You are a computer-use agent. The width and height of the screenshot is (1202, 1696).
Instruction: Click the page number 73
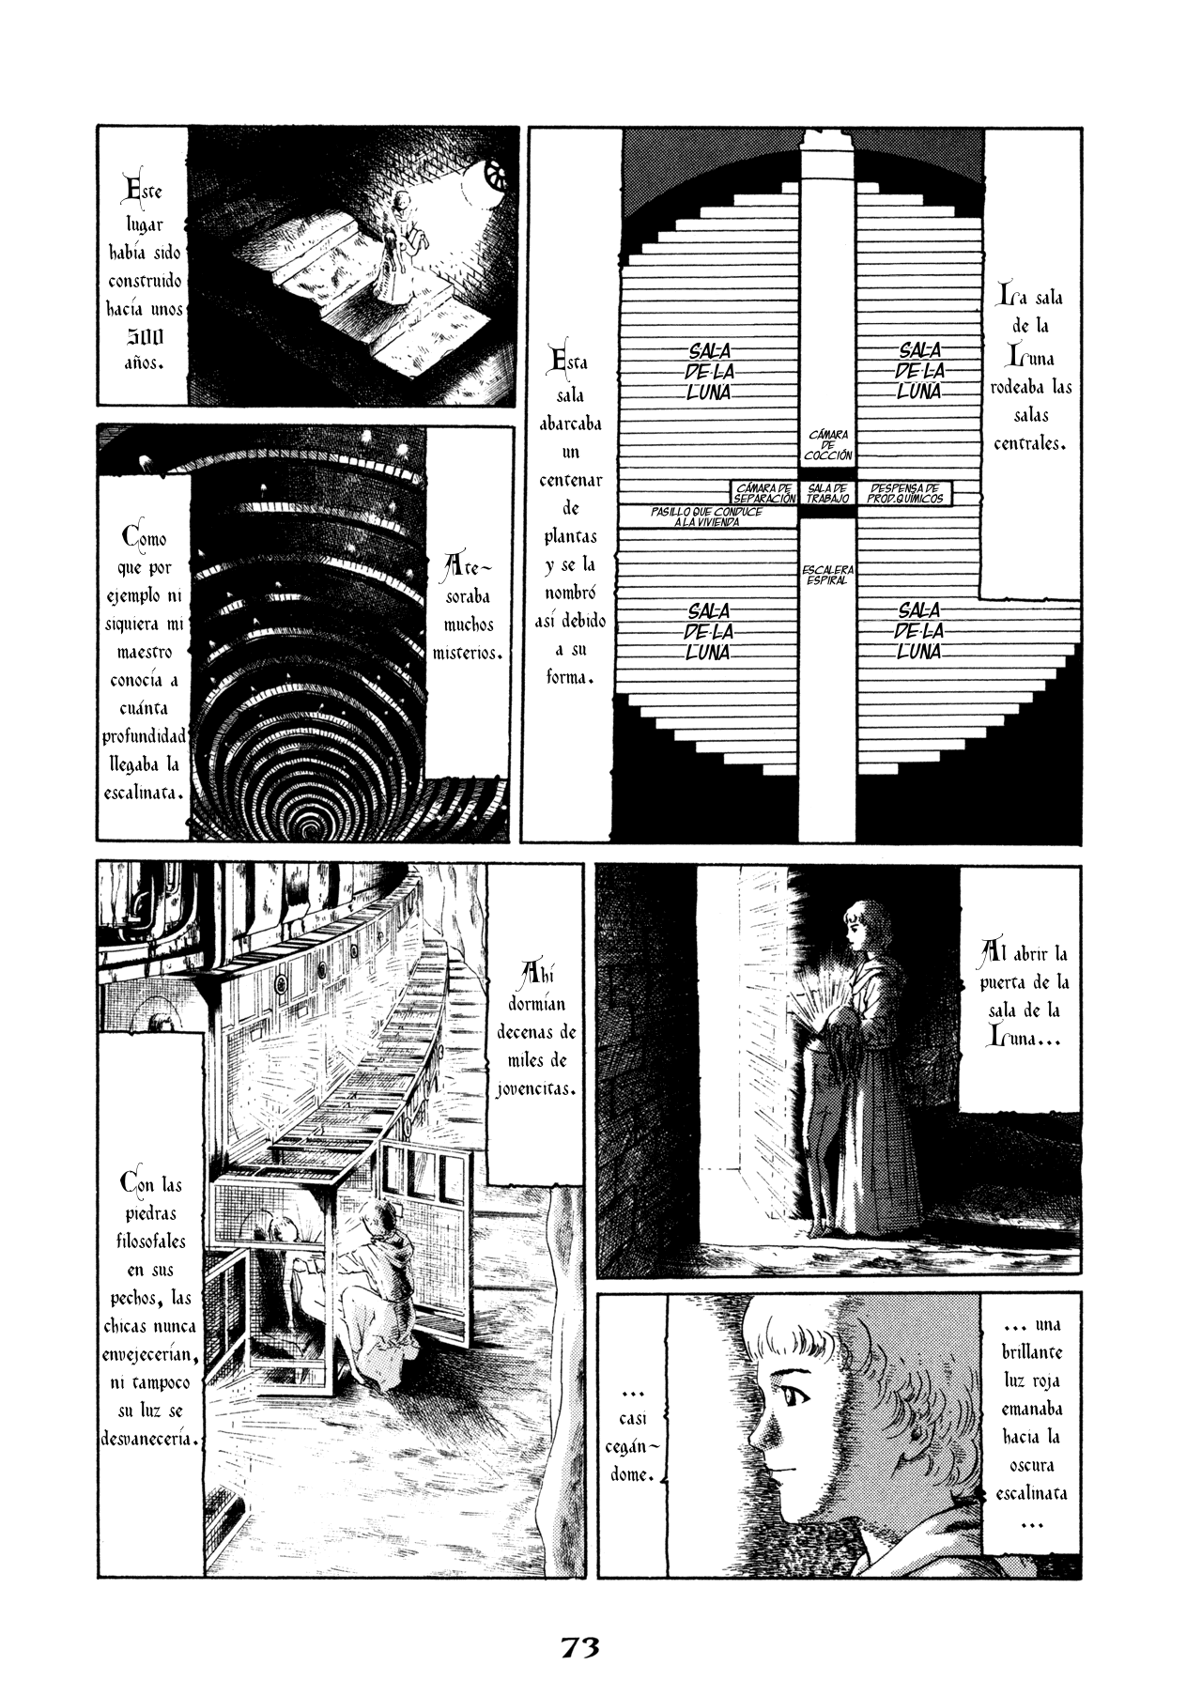(x=581, y=1594)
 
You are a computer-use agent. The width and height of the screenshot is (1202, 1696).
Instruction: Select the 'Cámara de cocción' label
(x=827, y=445)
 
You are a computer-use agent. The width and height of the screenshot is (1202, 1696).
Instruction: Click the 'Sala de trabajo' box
(x=827, y=493)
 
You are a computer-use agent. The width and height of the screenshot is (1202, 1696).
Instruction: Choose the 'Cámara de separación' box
(x=766, y=493)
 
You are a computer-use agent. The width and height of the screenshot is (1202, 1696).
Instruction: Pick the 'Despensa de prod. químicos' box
(x=904, y=493)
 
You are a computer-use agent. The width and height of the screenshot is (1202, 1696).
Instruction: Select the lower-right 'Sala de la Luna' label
(x=920, y=630)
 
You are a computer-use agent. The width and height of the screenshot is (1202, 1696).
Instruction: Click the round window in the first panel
(x=495, y=174)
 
